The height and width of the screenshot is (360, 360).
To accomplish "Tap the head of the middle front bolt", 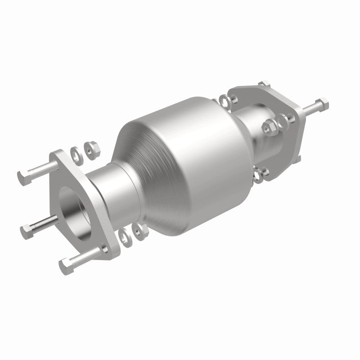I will pyautogui.click(x=26, y=230).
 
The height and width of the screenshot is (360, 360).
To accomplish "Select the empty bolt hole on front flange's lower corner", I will pyautogui.click(x=104, y=248).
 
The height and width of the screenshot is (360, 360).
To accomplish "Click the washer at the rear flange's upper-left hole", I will pyautogui.click(x=223, y=100).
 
